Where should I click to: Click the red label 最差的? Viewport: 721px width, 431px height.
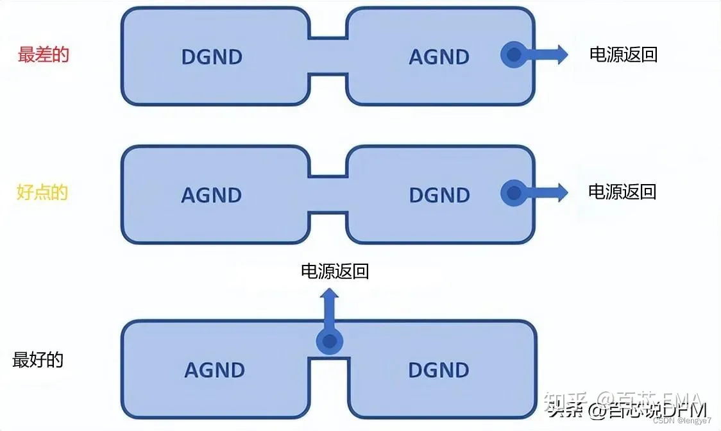click(x=43, y=55)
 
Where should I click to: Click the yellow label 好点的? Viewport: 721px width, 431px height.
click(x=42, y=192)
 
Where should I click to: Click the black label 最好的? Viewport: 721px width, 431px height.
click(x=38, y=360)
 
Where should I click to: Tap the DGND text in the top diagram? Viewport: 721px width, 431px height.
click(x=212, y=56)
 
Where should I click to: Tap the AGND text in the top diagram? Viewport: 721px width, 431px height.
click(x=439, y=56)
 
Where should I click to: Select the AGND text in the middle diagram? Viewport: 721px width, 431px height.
click(x=212, y=194)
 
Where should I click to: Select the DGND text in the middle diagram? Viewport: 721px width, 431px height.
click(x=439, y=194)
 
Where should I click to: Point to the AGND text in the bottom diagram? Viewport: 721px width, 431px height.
click(x=215, y=369)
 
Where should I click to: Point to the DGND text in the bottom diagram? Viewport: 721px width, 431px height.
click(x=439, y=369)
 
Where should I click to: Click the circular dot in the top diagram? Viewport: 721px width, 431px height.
click(x=513, y=55)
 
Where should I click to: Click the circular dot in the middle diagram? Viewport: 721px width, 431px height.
click(x=513, y=192)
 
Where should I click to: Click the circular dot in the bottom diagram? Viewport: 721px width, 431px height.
click(x=329, y=342)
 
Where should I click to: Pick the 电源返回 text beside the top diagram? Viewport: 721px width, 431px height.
click(x=623, y=55)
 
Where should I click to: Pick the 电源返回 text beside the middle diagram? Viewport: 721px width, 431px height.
click(x=622, y=191)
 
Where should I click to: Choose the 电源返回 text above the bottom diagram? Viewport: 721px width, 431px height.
click(x=335, y=271)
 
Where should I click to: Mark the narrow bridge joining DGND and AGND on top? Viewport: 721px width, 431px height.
click(x=328, y=56)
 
